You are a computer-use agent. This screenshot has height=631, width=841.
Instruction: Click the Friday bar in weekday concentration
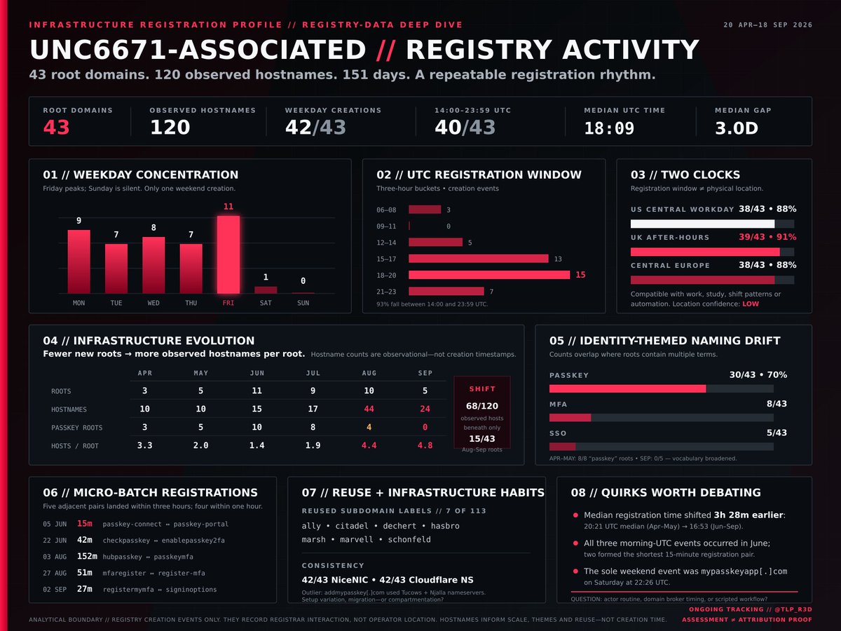[x=228, y=255]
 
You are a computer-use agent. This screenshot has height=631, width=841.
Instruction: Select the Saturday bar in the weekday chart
[x=266, y=290]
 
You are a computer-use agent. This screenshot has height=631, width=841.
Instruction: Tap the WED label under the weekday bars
[x=153, y=303]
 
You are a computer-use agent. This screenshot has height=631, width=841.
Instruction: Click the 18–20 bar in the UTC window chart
[x=489, y=275]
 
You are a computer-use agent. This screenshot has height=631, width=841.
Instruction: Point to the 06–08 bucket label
[x=386, y=210]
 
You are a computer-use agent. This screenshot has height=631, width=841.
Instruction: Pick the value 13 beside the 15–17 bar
[x=558, y=259]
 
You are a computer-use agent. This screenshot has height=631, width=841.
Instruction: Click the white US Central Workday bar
[x=702, y=224]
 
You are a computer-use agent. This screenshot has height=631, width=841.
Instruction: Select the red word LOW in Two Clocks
[x=750, y=304]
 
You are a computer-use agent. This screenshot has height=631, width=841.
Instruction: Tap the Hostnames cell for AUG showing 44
[x=369, y=409]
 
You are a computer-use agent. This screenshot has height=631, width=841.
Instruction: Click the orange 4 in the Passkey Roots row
[x=369, y=427]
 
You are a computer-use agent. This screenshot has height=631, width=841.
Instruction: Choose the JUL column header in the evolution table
[x=313, y=373]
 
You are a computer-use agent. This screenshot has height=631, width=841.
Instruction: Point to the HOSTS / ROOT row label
[x=75, y=446]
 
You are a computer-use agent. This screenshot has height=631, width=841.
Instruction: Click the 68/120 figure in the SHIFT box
[x=482, y=406]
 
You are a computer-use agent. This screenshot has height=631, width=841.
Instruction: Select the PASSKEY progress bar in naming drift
[x=627, y=389]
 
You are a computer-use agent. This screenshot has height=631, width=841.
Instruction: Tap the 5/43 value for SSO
[x=777, y=433]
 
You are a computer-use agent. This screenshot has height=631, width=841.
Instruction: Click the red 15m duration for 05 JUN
[x=84, y=524]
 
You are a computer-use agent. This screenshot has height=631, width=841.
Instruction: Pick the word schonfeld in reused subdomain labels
[x=409, y=539]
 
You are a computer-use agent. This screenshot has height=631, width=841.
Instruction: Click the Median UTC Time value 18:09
[x=609, y=128]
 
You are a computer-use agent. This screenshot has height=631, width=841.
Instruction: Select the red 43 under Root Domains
[x=56, y=127]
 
